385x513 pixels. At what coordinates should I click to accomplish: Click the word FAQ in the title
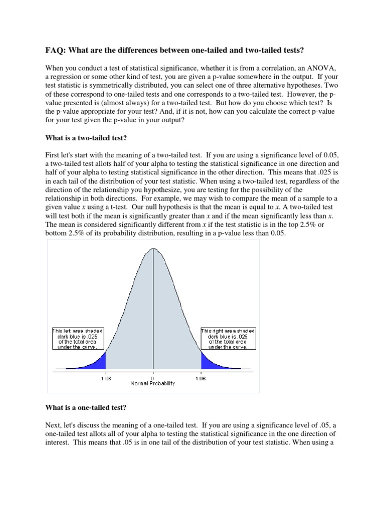(x=55, y=50)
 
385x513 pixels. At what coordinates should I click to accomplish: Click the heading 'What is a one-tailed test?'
(x=88, y=407)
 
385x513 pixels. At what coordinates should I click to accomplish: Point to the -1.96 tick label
(x=105, y=379)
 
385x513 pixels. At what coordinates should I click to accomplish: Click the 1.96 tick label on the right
(x=201, y=379)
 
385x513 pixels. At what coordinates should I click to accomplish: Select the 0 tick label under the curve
(x=152, y=379)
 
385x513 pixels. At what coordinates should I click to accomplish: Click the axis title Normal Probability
(x=153, y=384)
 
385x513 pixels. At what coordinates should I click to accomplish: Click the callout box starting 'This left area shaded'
(x=78, y=339)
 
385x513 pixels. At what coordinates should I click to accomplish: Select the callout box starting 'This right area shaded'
(x=228, y=339)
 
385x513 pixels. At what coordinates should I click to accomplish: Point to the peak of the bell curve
(x=153, y=249)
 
